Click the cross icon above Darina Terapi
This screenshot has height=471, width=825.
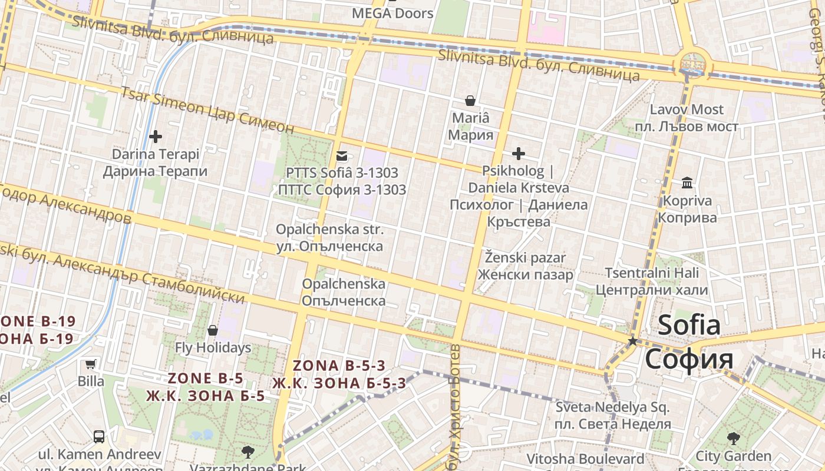[155, 137]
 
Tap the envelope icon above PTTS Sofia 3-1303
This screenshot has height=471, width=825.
[341, 156]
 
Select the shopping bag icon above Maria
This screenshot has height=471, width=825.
[470, 101]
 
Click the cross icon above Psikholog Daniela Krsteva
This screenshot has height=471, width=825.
[518, 154]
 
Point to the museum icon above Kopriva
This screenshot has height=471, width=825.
[687, 183]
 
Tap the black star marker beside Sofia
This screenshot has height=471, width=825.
[633, 341]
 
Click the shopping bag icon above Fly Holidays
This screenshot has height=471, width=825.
[213, 330]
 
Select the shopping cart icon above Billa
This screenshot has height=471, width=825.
[90, 364]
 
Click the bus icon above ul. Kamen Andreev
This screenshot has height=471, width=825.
[99, 437]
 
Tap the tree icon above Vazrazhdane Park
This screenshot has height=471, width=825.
[247, 452]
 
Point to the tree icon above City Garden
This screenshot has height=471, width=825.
[733, 438]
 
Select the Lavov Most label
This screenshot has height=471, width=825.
[687, 118]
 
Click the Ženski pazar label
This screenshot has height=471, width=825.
[525, 266]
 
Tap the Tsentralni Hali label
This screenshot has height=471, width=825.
[652, 281]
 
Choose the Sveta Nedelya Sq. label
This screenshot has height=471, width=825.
[613, 416]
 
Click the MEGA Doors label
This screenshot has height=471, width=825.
[392, 13]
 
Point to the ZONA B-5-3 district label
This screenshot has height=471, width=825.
[339, 374]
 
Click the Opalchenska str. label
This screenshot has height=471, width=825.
[330, 237]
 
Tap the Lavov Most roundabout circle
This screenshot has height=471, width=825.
[692, 63]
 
